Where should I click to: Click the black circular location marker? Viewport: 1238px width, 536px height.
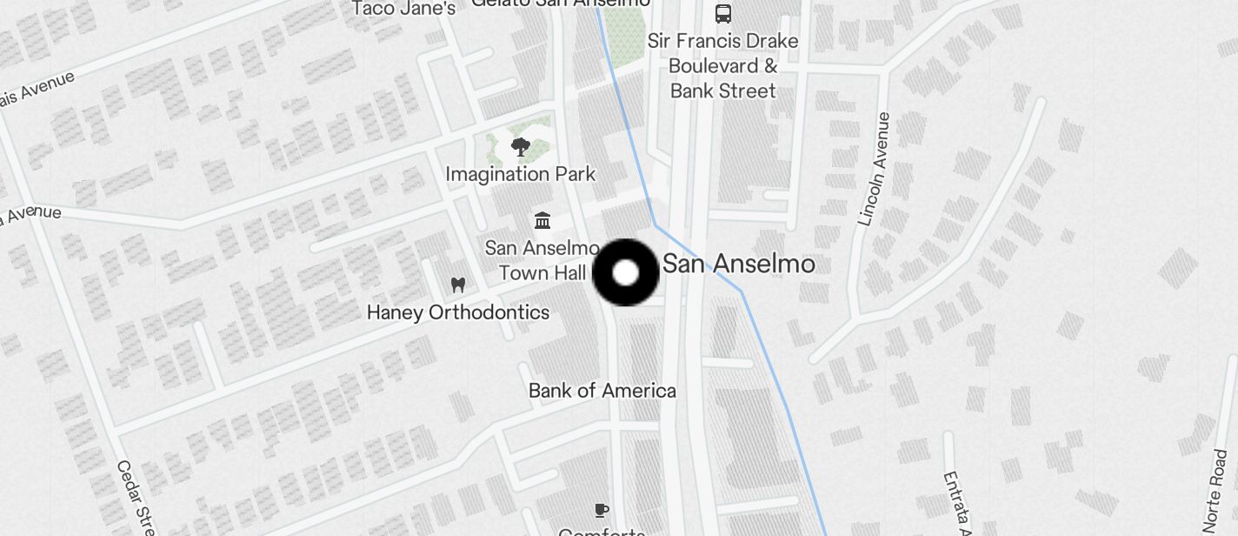tap(626, 273)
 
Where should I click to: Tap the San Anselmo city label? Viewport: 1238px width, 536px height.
tap(739, 264)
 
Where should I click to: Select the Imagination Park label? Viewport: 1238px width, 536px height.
tap(520, 174)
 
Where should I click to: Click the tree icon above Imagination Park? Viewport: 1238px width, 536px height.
tap(520, 147)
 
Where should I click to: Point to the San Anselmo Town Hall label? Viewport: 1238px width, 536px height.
tap(542, 260)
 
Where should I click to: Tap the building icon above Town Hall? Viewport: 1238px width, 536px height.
tap(542, 220)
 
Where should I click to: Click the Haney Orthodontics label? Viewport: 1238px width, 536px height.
tap(458, 312)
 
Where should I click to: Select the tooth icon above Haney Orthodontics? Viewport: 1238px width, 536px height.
tap(458, 285)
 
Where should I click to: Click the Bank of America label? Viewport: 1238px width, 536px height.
tap(602, 391)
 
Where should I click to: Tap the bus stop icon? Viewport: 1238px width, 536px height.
tap(722, 13)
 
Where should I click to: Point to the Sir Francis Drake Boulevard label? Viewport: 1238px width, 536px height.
tap(722, 53)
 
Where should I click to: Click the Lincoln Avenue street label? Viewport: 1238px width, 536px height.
tap(874, 169)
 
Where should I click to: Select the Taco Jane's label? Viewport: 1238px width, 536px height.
tap(403, 9)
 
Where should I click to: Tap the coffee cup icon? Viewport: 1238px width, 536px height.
tap(601, 510)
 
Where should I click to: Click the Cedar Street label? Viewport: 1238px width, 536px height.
tap(135, 496)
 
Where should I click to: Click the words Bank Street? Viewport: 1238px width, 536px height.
tap(722, 90)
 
